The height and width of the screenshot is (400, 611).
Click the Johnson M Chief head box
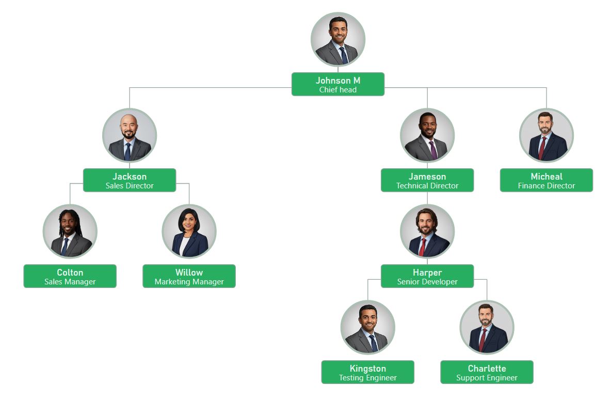[337, 84]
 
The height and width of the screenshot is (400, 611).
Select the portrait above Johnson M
[337, 40]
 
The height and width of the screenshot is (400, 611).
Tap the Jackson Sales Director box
[130, 180]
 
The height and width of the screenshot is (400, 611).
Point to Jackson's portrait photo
[130, 136]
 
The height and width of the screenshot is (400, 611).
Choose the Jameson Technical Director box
[427, 180]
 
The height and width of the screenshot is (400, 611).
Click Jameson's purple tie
[433, 150]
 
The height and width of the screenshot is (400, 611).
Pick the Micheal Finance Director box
[546, 180]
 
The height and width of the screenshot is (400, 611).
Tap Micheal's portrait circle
[546, 136]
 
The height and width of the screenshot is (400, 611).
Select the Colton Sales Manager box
[70, 276]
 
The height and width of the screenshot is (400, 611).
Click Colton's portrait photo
[70, 232]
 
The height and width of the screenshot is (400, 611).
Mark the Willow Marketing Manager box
[189, 276]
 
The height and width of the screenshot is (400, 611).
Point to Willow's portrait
[189, 232]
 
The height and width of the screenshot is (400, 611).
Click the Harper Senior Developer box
[427, 276]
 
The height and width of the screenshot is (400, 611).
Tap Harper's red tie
[423, 247]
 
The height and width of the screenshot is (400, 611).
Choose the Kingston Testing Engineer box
[367, 372]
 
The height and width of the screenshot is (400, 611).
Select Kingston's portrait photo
[367, 328]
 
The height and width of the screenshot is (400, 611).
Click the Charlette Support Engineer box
[487, 372]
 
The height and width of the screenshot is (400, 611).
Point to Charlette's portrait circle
[487, 328]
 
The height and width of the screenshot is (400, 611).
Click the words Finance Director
[546, 186]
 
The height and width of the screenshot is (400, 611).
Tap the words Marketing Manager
[189, 282]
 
